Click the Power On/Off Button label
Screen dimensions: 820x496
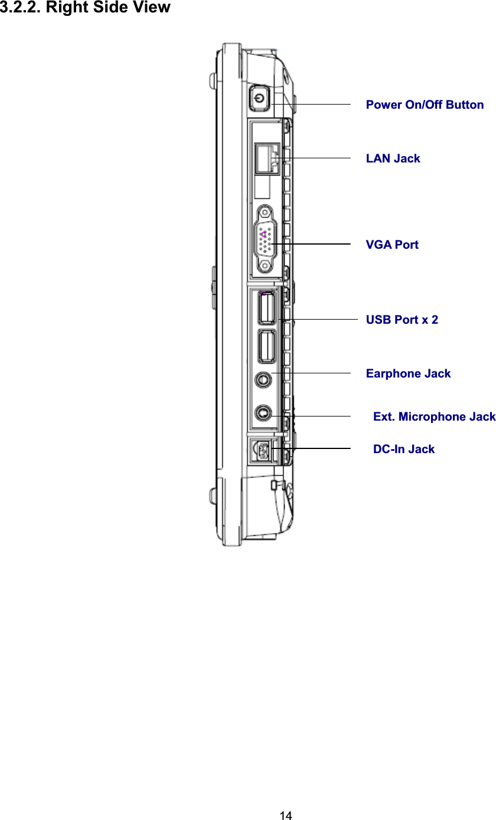pyautogui.click(x=425, y=105)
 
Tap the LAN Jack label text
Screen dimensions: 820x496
pyautogui.click(x=393, y=158)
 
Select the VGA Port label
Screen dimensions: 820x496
pyautogui.click(x=392, y=245)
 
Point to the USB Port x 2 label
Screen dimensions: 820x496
pyautogui.click(x=402, y=320)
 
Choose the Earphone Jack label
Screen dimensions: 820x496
pyautogui.click(x=408, y=373)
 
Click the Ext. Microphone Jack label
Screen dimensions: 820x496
pyautogui.click(x=434, y=416)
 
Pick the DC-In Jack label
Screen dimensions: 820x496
pyautogui.click(x=403, y=449)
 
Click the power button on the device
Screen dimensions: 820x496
pyautogui.click(x=259, y=98)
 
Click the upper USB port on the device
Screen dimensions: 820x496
pyautogui.click(x=266, y=308)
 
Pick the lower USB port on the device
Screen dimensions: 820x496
pyautogui.click(x=266, y=346)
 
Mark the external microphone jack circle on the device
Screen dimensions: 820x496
pyautogui.click(x=263, y=412)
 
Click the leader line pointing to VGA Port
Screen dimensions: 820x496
pyautogui.click(x=319, y=243)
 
